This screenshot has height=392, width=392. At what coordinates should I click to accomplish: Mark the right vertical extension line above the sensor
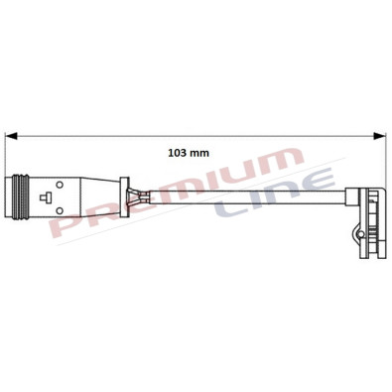pyautogui.click(x=385, y=159)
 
